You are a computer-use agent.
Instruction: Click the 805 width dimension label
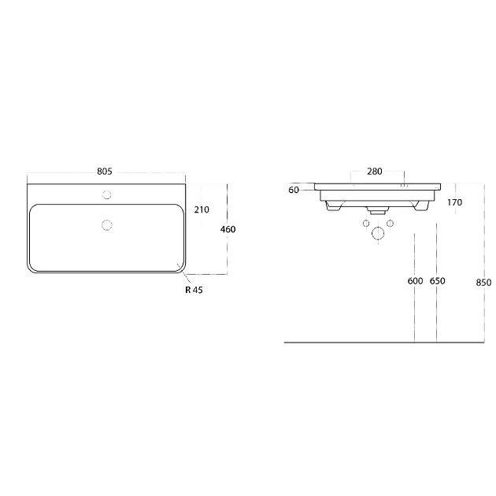(105, 172)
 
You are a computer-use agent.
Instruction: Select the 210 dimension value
(202, 209)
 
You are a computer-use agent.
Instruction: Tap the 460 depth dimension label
(228, 229)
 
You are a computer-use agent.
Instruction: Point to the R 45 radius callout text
(194, 290)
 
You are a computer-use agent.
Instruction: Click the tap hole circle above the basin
(107, 195)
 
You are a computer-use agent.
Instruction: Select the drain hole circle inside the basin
(107, 225)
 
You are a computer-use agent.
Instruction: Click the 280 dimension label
(375, 172)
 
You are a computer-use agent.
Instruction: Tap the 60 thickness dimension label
(294, 190)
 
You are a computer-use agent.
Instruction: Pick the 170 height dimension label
(454, 202)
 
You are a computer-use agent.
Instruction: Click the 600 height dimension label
(416, 281)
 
